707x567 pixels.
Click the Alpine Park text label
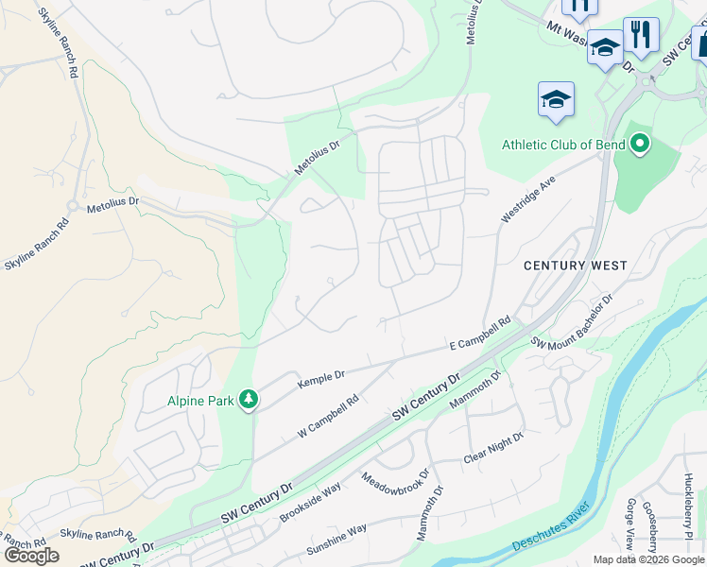click(x=200, y=401)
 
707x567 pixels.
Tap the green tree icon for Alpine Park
click(x=249, y=400)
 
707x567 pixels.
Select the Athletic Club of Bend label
click(x=564, y=145)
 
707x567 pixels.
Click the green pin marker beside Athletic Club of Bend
click(x=640, y=145)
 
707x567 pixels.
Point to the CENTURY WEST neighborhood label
click(x=576, y=266)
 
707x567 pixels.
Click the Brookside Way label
click(x=310, y=504)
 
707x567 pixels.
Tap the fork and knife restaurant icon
click(x=641, y=36)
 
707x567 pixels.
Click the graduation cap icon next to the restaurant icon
click(x=604, y=47)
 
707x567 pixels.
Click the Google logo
click(x=31, y=555)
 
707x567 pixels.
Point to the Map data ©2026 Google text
click(x=648, y=559)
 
